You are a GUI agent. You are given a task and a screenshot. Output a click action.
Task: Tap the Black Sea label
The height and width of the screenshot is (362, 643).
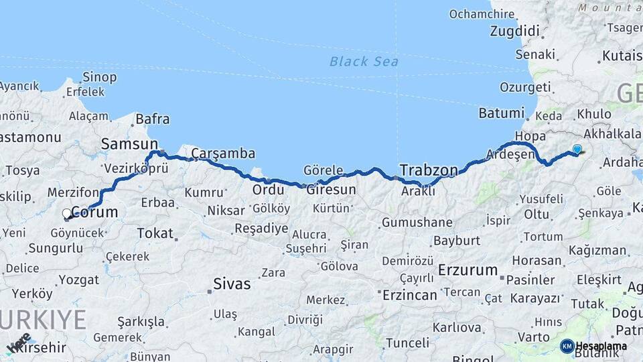364,62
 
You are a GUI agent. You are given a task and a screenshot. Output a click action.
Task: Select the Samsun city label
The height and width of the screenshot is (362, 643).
129,143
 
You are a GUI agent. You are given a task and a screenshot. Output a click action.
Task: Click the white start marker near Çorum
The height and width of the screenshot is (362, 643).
66,214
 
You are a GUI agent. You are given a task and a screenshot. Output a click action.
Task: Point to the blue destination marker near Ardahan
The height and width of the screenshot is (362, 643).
577,149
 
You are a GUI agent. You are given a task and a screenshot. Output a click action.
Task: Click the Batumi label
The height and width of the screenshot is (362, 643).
501,113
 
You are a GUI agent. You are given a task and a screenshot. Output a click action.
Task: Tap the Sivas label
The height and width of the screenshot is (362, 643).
231,284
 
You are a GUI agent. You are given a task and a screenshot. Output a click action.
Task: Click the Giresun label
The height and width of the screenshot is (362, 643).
331,190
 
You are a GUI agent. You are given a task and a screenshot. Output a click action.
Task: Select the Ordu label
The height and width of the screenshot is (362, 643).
268,190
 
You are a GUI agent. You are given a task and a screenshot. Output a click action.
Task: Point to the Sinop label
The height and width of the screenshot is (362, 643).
99,77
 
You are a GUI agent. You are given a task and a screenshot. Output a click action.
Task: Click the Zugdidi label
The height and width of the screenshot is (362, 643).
514,31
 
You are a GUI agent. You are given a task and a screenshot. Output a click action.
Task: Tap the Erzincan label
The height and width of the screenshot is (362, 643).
409,294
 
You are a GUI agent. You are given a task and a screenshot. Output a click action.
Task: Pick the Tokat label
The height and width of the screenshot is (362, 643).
154,233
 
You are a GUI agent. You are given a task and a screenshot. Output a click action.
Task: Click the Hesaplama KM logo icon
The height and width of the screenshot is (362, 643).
567,346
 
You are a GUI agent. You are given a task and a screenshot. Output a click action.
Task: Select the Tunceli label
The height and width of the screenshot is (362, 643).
407,343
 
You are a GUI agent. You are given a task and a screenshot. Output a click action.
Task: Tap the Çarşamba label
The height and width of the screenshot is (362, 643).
223,154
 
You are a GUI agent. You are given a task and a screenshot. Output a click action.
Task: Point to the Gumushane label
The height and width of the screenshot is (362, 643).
417,223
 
